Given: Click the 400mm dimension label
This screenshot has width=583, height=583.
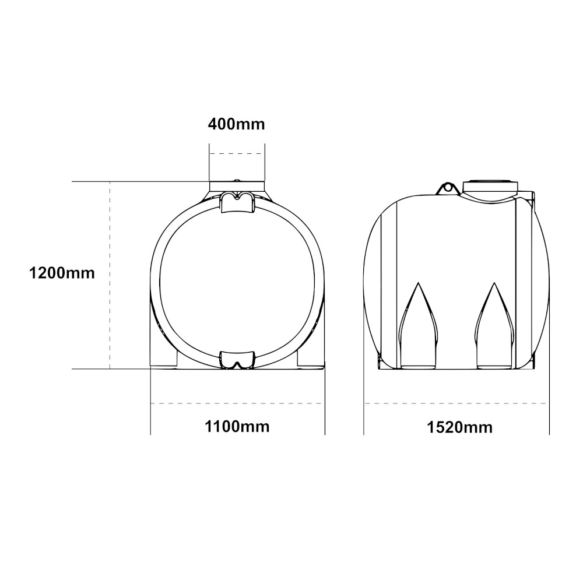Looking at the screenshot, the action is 237,124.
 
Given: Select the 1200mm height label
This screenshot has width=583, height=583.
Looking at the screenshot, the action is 62,273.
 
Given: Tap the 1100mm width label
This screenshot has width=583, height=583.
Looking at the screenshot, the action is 237,427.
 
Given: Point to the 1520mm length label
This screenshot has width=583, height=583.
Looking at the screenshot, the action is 459,427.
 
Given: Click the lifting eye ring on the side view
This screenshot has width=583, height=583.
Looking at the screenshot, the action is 448,188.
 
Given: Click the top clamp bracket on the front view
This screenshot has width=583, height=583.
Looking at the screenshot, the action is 237,203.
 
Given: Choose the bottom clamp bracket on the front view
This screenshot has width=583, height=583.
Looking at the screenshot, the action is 237,360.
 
